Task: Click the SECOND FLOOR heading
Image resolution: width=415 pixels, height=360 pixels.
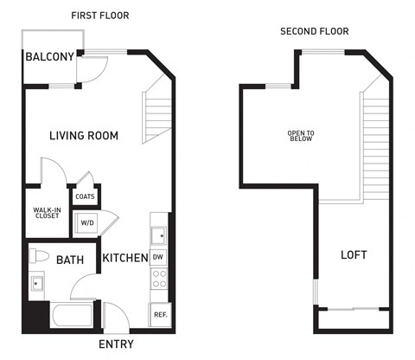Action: click(314, 31)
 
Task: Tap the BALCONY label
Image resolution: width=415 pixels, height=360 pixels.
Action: click(48, 58)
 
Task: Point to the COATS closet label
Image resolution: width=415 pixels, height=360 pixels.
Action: click(85, 196)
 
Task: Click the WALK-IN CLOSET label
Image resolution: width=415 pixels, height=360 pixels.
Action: click(47, 212)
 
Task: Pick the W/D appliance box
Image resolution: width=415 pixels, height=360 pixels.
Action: click(87, 223)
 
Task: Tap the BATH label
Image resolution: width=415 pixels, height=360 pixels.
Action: click(70, 260)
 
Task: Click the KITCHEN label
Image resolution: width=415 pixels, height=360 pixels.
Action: click(124, 258)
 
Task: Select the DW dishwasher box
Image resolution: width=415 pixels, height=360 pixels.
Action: click(158, 257)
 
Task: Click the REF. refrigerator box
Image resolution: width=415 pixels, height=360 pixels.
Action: click(159, 315)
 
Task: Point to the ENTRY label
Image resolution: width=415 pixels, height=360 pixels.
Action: click(116, 344)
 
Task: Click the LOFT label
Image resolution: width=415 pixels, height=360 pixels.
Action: click(354, 254)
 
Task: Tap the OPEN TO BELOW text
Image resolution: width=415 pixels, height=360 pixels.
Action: click(301, 136)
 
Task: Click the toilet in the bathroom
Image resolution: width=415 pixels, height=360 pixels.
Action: click(37, 256)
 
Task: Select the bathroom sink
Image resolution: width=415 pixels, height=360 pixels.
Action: click(36, 283)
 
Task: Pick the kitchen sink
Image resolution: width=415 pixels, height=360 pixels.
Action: click(158, 234)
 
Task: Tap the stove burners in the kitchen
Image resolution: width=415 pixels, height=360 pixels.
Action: click(159, 280)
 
